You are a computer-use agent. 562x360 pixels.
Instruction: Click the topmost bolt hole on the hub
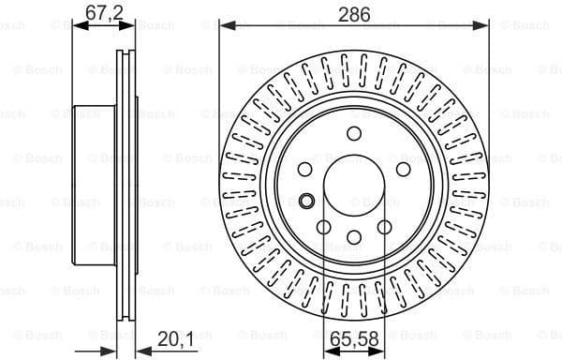[353, 133]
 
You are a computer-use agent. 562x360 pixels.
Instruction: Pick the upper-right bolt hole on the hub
[403, 168]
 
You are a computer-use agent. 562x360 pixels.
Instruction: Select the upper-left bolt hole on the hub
[305, 168]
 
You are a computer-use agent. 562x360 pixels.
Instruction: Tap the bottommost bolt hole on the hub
[353, 236]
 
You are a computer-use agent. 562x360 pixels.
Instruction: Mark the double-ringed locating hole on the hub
[305, 199]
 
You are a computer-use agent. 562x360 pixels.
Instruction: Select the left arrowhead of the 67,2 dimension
[77, 27]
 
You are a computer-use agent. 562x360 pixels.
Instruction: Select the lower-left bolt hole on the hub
[323, 226]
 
